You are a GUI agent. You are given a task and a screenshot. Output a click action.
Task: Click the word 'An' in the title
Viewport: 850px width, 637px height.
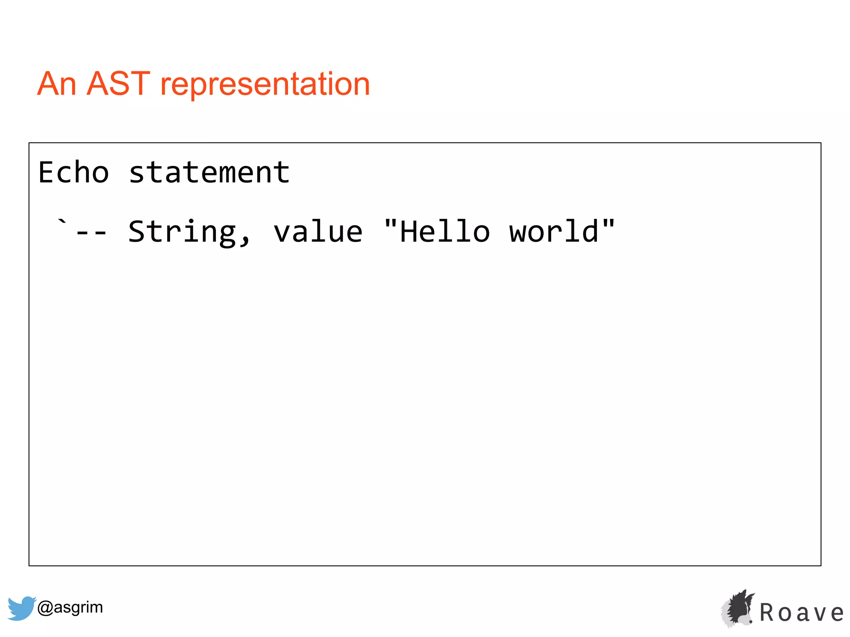click(x=57, y=84)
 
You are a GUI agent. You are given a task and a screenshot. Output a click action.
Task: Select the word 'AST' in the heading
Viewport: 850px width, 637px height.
click(x=118, y=84)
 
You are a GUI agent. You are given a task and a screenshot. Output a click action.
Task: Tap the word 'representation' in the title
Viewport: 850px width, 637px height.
click(x=265, y=85)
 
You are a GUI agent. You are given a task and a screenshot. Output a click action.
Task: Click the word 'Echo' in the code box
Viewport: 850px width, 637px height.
click(x=74, y=173)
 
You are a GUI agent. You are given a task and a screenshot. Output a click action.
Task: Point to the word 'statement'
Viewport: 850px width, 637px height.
click(x=209, y=173)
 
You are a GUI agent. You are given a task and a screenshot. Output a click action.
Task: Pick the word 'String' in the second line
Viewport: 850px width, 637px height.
click(x=182, y=232)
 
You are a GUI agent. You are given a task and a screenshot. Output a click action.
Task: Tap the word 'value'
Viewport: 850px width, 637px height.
click(x=318, y=232)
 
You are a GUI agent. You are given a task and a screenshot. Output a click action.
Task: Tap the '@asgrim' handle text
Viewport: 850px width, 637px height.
click(x=70, y=607)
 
